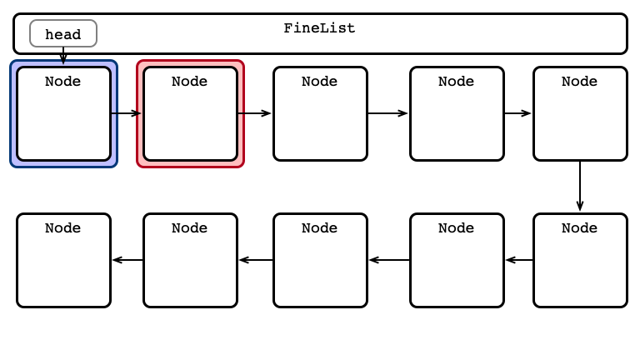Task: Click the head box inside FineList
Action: [63, 33]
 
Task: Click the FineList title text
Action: [320, 28]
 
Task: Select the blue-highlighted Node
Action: [63, 113]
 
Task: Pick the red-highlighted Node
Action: [190, 113]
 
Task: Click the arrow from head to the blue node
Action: [63, 56]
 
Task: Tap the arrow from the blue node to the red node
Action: [126, 113]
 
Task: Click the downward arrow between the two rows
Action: [580, 186]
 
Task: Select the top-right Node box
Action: [580, 113]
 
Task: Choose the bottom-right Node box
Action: [580, 260]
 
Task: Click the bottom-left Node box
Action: [63, 260]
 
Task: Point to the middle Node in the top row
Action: [320, 113]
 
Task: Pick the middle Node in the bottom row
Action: [320, 260]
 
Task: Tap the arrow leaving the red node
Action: [254, 113]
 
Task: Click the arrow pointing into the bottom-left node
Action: [127, 260]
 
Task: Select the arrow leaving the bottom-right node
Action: [519, 260]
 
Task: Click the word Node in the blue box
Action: [62, 81]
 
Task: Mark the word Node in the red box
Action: [189, 81]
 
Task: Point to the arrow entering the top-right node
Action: [518, 113]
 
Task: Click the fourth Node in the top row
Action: [457, 113]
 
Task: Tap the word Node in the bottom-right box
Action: [580, 227]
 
